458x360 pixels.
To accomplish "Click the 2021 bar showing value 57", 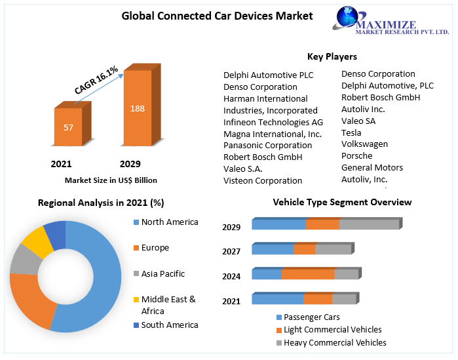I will coord(68,127).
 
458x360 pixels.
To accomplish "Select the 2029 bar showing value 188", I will coord(137,108).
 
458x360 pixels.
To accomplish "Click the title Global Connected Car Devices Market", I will coord(218,16).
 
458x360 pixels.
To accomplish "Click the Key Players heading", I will coord(332,56).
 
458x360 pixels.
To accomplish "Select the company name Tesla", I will coord(351,132).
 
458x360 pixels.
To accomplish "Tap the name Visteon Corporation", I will coord(263,180).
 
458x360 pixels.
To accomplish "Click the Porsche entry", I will coord(356,156).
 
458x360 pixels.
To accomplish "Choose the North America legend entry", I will coord(169,222).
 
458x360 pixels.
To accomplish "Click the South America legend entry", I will coord(169,325).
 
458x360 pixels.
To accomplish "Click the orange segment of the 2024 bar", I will coord(308,275).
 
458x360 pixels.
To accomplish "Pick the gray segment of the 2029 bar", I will coord(369,224).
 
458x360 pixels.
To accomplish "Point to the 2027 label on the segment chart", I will coord(231,252).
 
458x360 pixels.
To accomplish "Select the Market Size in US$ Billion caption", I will coord(111,180).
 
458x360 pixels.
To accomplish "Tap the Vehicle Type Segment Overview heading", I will coord(342,202).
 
